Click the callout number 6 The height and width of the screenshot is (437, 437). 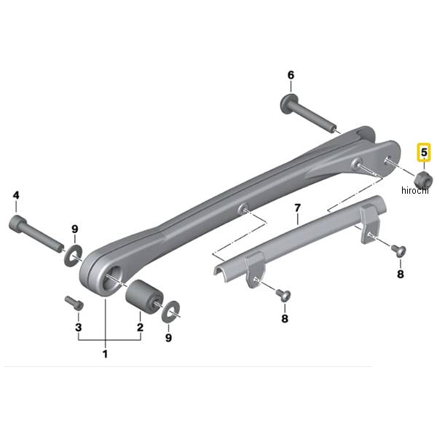coord(291,75)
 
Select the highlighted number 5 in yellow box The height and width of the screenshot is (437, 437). coord(424,152)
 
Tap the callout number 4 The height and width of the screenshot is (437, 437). coord(16,195)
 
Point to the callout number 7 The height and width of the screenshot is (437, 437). coord(298,208)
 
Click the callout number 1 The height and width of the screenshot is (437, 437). coord(105,354)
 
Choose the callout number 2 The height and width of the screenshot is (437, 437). coord(140,327)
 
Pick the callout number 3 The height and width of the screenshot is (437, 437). coord(79,327)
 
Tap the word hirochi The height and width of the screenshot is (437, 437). coord(415,190)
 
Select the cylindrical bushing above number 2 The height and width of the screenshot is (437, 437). coord(144,295)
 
